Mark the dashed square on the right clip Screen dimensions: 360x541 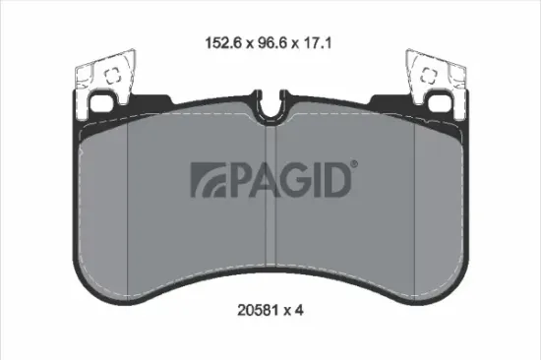pyautogui.click(x=430, y=73)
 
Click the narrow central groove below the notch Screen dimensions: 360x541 pyautogui.click(x=270, y=197)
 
